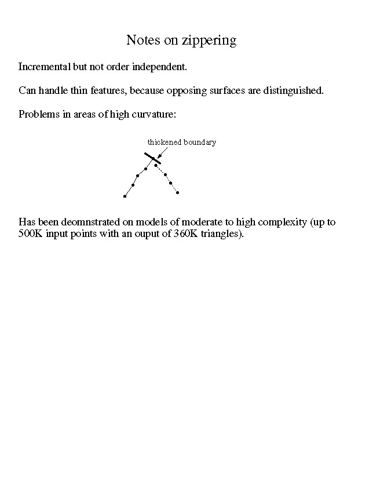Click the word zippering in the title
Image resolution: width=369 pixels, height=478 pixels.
(210, 41)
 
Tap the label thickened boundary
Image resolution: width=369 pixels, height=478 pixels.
(181, 142)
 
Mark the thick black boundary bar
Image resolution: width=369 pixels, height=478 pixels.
(152, 158)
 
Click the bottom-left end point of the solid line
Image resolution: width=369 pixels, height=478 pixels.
(125, 196)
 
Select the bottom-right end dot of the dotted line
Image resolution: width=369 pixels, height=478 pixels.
(177, 192)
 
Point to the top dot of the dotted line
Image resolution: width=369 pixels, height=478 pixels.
(156, 165)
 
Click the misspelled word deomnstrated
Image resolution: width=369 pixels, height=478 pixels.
(86, 222)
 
